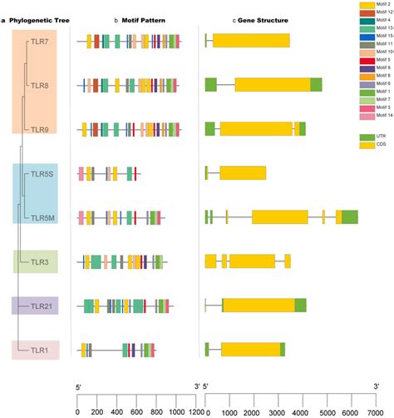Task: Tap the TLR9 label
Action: click(39, 128)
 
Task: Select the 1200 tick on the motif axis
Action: click(197, 411)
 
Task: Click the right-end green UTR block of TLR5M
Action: click(349, 217)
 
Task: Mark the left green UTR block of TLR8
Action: click(211, 84)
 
